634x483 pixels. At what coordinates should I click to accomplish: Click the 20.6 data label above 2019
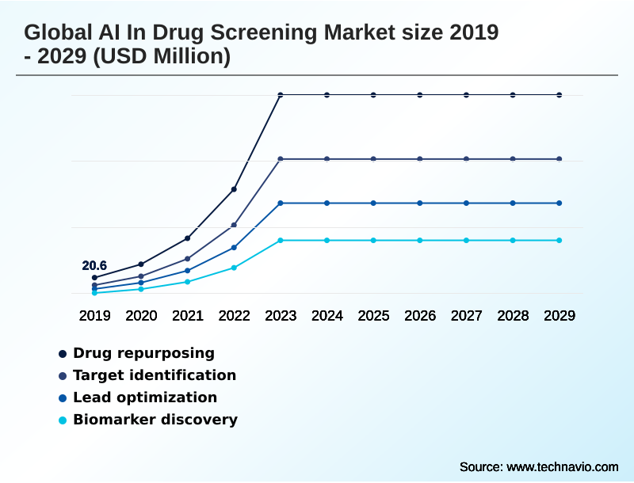[94, 266]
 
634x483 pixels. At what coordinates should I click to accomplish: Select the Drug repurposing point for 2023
[281, 95]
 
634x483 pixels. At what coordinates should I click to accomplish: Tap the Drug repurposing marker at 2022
[234, 189]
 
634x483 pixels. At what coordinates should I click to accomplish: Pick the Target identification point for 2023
[281, 159]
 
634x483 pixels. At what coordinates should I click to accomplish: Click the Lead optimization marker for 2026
[420, 203]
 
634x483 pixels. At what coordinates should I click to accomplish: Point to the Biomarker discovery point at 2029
[560, 240]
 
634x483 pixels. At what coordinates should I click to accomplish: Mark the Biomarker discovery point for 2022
[234, 268]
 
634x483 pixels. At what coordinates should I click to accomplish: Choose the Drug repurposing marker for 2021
[188, 238]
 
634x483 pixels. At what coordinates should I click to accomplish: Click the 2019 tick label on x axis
[94, 316]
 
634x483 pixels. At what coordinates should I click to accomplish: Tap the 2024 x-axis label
[327, 316]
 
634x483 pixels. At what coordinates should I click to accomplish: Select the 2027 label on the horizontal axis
[467, 316]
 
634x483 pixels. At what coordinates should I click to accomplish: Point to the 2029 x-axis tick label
[560, 316]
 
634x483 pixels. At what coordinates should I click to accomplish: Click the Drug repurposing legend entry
[143, 353]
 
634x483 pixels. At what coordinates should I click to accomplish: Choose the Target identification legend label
[155, 375]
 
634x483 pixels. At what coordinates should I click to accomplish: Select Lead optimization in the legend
[145, 397]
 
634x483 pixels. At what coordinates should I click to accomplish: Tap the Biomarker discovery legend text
[155, 420]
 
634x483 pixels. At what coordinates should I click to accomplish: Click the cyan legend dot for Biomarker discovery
[62, 420]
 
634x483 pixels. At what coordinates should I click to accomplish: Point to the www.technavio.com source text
[562, 466]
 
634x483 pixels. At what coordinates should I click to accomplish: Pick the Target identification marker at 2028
[513, 159]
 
